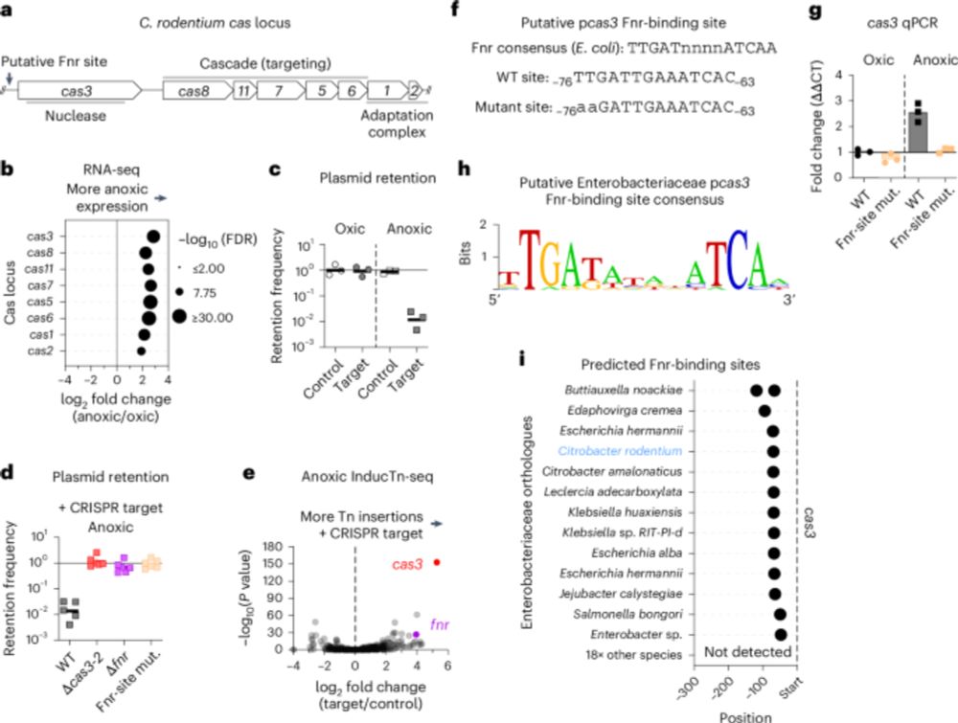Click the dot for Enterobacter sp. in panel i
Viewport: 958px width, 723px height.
[781, 634]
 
